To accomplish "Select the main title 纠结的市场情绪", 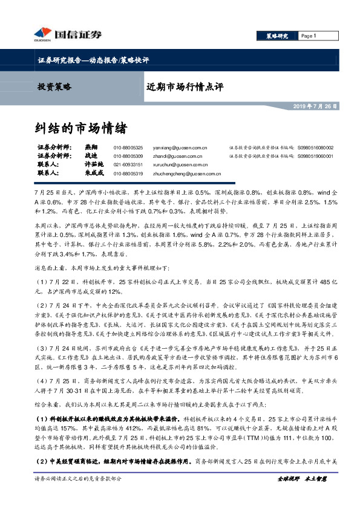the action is pyautogui.click(x=80, y=128).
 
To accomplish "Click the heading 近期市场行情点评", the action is pyautogui.click(x=185, y=86).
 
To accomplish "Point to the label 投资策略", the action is pyautogui.click(x=54, y=86).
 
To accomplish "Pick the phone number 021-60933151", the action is pyautogui.click(x=128, y=164).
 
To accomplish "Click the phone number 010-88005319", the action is pyautogui.click(x=128, y=173).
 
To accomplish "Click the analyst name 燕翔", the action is pyautogui.click(x=91, y=148).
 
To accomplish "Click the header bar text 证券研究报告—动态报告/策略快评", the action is pyautogui.click(x=89, y=60).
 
